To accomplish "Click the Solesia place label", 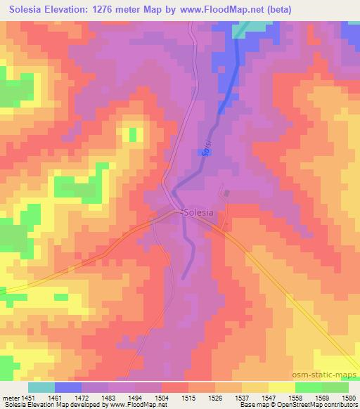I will [x=199, y=212].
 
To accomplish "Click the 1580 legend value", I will [x=347, y=398].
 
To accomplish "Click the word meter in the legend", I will [x=9, y=398].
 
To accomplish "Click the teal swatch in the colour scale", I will [x=40, y=387].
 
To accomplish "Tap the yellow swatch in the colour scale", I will [x=281, y=387].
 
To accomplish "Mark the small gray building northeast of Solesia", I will [x=226, y=193].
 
